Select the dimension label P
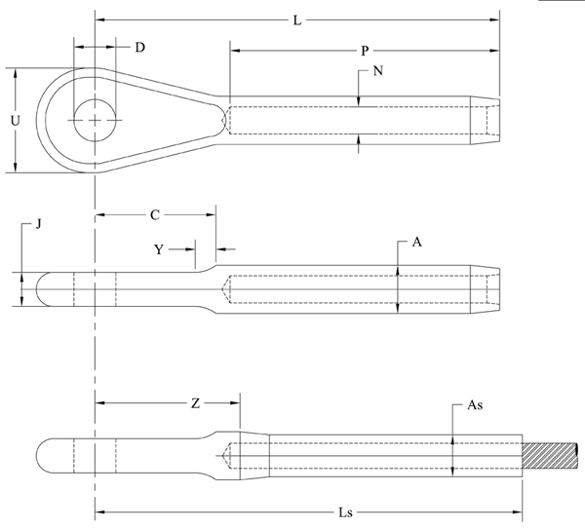coord(364,50)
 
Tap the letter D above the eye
coord(140,47)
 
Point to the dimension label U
coord(13,121)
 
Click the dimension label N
coord(376,72)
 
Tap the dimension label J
coord(37,225)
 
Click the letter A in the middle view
coord(416,245)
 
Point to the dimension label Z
coord(195,402)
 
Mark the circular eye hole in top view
coord(94,119)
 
